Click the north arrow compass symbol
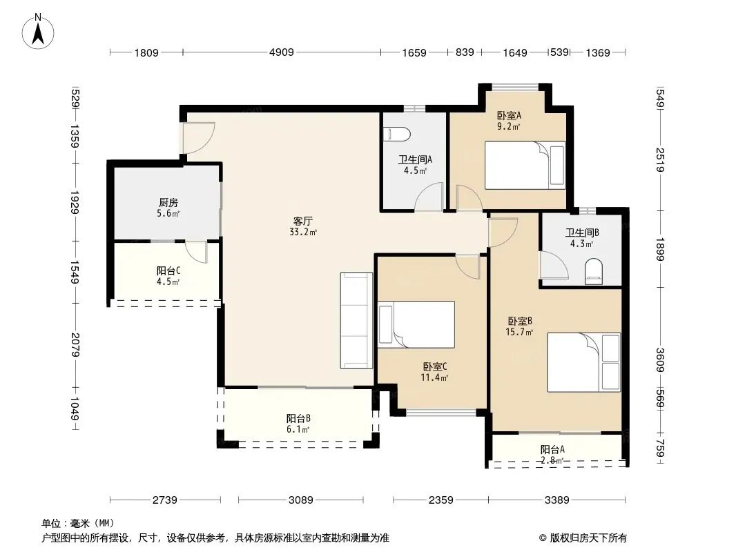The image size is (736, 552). (x=37, y=32)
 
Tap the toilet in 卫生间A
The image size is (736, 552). (x=396, y=135)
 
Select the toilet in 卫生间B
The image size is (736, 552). (x=594, y=272)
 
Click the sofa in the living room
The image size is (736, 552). (x=356, y=320)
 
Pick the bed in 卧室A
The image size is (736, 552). (x=525, y=165)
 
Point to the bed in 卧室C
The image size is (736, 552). (x=416, y=324)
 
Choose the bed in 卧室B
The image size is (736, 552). (x=584, y=362)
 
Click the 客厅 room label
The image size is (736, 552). (x=303, y=221)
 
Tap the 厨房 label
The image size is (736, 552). (x=168, y=203)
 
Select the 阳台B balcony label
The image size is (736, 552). (x=298, y=418)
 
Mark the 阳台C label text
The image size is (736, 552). (x=168, y=270)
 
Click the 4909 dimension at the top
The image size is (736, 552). (x=282, y=52)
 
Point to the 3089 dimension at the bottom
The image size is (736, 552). (x=301, y=500)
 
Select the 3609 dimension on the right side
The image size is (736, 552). (x=660, y=360)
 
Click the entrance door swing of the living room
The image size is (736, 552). (x=199, y=138)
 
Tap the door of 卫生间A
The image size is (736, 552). (x=429, y=197)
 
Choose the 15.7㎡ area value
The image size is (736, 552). (x=519, y=333)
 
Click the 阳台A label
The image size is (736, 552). (x=552, y=449)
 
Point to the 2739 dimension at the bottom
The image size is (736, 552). (x=165, y=500)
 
